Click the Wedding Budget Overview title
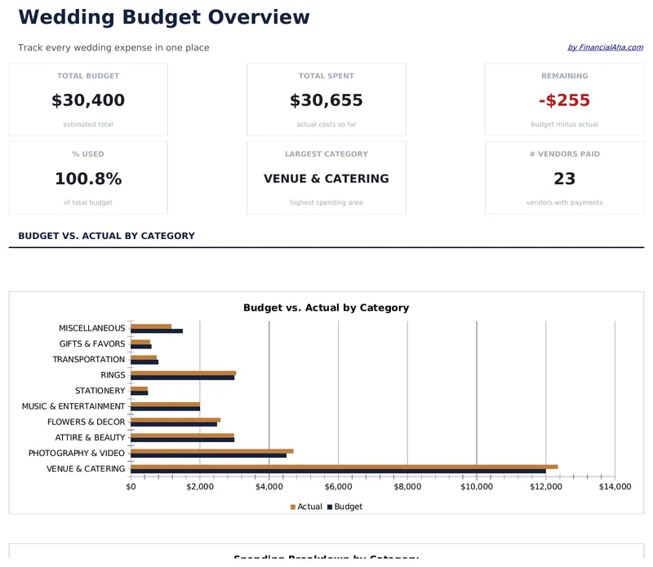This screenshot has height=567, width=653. [x=164, y=17]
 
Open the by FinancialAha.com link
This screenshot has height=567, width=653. [x=605, y=47]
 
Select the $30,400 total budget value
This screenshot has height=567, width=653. [x=88, y=100]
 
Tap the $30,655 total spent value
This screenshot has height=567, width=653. [x=326, y=100]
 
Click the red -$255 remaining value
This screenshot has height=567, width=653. [x=564, y=100]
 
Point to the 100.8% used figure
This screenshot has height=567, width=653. [x=88, y=179]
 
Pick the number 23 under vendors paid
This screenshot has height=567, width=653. [x=564, y=179]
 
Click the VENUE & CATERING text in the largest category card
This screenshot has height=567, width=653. [x=326, y=179]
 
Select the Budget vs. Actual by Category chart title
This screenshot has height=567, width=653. [x=326, y=308]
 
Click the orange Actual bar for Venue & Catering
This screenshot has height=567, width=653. [x=343, y=467]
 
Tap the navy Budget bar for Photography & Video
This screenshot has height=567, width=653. [x=208, y=455]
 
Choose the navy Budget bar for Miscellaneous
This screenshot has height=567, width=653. [x=157, y=330]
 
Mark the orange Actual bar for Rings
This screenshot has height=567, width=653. [x=183, y=373]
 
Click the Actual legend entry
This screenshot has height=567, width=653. [x=306, y=507]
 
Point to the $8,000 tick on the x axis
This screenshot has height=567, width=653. [x=407, y=487]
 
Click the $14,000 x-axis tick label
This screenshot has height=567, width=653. [x=615, y=487]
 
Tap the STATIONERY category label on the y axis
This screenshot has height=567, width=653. [x=100, y=391]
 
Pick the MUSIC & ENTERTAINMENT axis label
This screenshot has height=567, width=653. [x=73, y=406]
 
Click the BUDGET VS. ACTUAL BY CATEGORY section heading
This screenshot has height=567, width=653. [x=106, y=236]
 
